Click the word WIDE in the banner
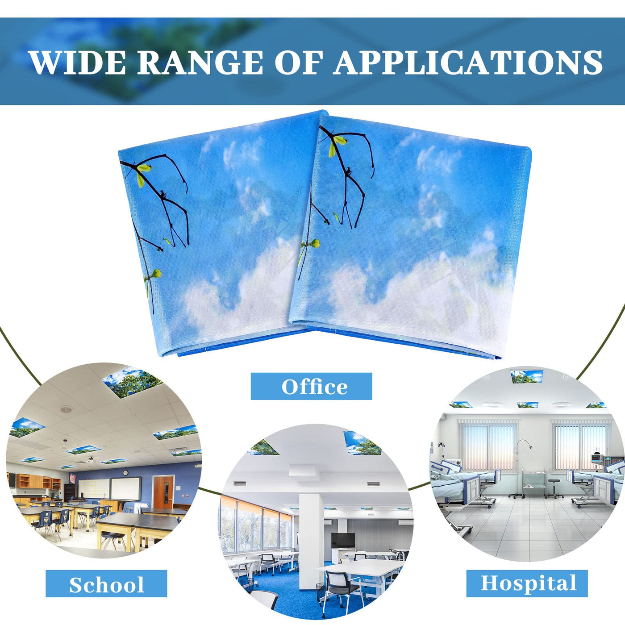coord(78,62)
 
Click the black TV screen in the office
coord(342,539)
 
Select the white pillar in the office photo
coord(311,538)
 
